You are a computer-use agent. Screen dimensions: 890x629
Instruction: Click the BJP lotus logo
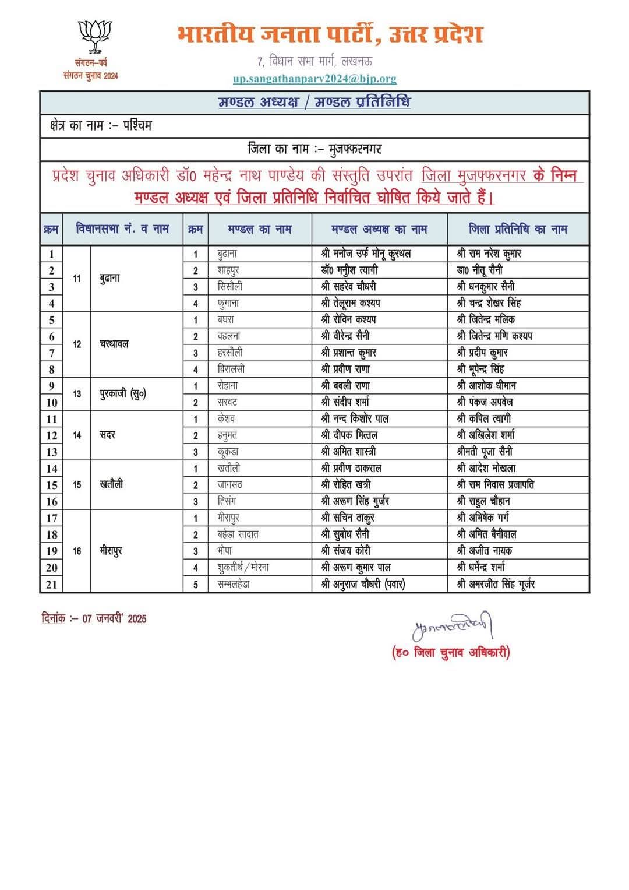[94, 36]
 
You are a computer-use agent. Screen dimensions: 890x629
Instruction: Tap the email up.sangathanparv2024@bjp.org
[314, 78]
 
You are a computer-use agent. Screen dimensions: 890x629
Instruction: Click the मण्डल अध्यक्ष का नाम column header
[379, 230]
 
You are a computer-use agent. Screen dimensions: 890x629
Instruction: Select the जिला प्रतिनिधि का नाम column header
[518, 230]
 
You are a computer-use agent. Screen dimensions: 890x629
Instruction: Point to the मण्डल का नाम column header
[259, 230]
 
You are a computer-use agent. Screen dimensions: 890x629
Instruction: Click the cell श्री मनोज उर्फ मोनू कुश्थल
[366, 254]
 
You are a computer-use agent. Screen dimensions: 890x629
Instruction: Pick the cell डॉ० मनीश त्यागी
[349, 270]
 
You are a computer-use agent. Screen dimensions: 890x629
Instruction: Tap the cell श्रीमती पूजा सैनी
[485, 452]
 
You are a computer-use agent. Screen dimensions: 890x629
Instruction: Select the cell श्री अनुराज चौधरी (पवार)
[363, 584]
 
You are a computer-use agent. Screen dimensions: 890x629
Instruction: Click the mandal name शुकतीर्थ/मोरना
[243, 567]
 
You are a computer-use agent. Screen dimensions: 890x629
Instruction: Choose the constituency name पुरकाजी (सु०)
[122, 394]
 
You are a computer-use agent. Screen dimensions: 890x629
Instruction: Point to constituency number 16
[77, 551]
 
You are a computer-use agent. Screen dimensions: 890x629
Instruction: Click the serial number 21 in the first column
[51, 584]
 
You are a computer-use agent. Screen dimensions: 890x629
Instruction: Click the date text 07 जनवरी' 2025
[114, 619]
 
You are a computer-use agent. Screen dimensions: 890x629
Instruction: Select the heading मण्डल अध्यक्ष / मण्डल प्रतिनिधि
[314, 103]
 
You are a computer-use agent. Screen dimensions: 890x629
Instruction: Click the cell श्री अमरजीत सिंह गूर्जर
[496, 584]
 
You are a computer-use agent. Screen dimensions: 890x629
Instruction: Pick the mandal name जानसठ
[230, 485]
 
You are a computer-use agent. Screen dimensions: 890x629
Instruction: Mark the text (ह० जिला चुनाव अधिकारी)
[451, 653]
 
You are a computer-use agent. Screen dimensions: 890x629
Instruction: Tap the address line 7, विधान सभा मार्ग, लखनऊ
[314, 61]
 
